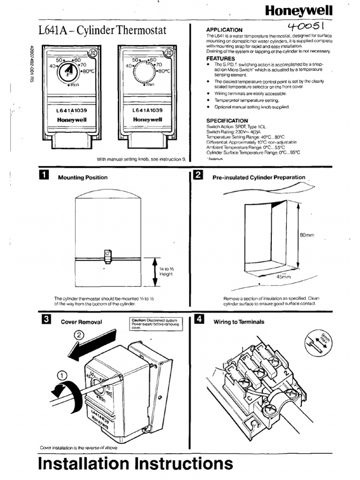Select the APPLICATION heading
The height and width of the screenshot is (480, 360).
point(225,30)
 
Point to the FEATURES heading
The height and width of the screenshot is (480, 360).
point(221,59)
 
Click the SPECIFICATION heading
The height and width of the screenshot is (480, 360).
point(227,120)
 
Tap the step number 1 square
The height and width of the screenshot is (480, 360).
point(44,176)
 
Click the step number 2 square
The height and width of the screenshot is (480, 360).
point(198,176)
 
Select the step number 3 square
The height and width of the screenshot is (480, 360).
point(46,321)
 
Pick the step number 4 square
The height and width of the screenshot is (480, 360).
point(199,321)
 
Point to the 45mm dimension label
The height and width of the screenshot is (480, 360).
point(284,277)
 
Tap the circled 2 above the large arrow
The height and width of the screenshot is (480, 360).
point(80,335)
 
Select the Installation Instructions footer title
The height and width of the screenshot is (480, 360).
point(135,464)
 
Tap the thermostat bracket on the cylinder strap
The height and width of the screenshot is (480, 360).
point(107,255)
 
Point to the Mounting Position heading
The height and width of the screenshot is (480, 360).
point(82,178)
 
